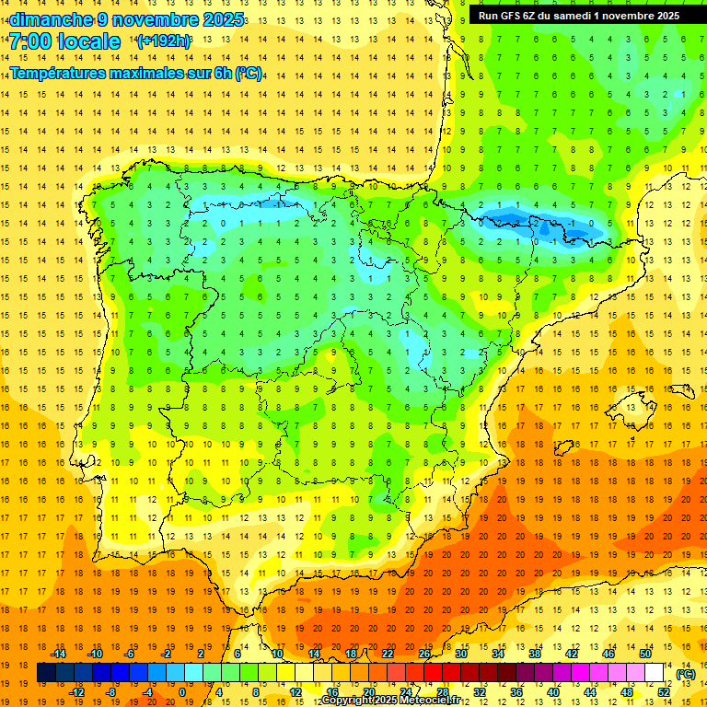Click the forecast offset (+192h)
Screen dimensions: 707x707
pos(164,41)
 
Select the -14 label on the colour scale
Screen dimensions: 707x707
pos(58,653)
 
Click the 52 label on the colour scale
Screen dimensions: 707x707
pos(664,691)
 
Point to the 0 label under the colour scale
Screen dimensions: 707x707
pos(181,691)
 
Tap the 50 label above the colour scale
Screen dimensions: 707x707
pos(645,653)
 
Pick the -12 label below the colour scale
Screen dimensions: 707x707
pos(76,691)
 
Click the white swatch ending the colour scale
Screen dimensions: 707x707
pos(655,673)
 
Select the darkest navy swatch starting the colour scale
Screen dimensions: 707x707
pos(46,673)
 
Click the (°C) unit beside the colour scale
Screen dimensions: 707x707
pos(686,673)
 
